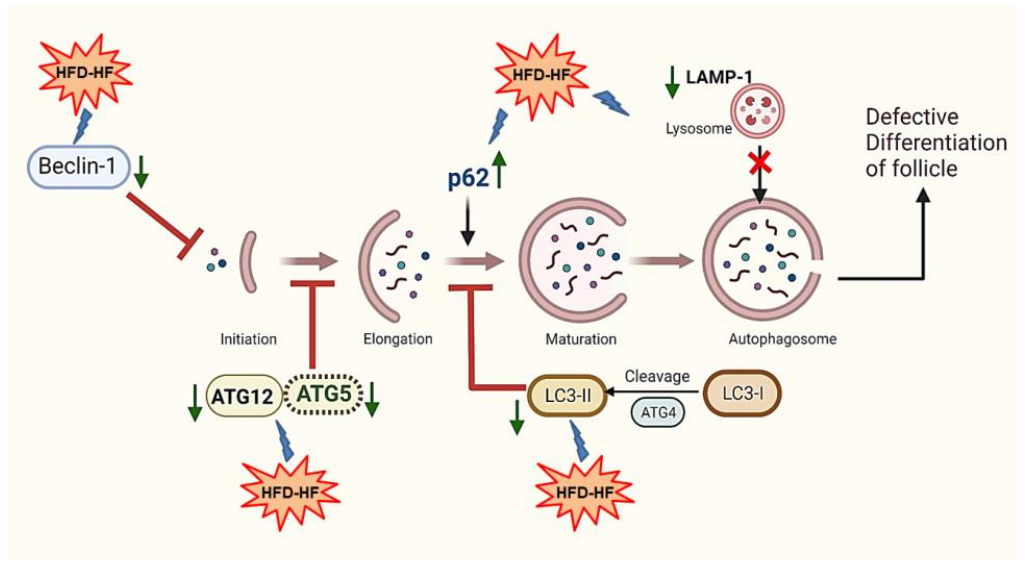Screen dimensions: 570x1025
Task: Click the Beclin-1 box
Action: [x=78, y=167]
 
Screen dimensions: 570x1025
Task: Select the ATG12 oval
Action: [x=243, y=396]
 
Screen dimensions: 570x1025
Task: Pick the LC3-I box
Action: [x=742, y=393]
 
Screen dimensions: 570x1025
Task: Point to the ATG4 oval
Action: [x=658, y=413]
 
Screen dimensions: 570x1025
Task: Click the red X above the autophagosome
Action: [x=760, y=163]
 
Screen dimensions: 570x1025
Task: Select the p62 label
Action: [x=468, y=178]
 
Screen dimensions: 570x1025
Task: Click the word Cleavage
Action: [x=657, y=376]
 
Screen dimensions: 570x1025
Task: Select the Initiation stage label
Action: [x=248, y=339]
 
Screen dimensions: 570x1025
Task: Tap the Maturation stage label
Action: [x=581, y=339]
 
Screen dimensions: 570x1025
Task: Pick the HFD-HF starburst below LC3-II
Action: [x=584, y=493]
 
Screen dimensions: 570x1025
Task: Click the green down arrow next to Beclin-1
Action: [x=141, y=172]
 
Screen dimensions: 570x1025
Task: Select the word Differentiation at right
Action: [x=936, y=143]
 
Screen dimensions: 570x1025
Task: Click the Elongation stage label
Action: [x=398, y=339]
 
